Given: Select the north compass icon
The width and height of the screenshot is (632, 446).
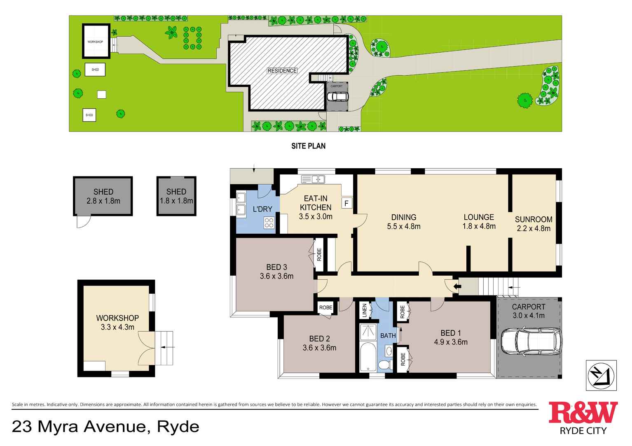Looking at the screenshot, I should [601, 375].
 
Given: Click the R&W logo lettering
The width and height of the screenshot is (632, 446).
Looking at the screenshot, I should [583, 413].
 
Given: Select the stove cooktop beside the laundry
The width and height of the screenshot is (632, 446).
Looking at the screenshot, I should [269, 223].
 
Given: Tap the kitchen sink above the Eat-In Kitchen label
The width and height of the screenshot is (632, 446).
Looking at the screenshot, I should [313, 179].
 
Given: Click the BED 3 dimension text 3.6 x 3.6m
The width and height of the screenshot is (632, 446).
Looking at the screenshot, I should [276, 276].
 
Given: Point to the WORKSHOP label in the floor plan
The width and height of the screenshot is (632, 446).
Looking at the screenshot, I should [117, 318].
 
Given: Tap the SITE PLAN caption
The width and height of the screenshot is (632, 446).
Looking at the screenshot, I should [308, 146].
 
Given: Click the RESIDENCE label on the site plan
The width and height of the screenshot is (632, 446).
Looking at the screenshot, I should [282, 71].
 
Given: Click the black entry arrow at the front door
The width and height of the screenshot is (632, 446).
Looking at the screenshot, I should [456, 286].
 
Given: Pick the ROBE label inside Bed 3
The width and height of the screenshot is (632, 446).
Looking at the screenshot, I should [319, 255].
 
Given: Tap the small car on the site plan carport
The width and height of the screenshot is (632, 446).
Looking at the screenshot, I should [337, 96].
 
